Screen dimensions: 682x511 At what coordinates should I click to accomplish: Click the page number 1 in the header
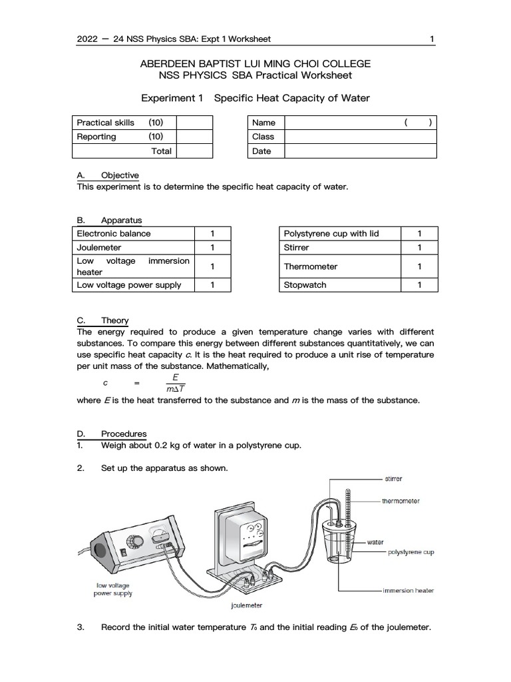(432, 39)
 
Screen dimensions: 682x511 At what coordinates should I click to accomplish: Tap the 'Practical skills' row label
(106, 123)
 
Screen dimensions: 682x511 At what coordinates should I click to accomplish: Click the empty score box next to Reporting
(194, 137)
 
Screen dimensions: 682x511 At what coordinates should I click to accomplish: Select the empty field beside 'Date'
(361, 151)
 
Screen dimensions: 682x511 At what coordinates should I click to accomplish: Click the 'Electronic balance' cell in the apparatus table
(114, 234)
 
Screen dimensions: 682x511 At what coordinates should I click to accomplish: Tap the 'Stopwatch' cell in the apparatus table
(305, 285)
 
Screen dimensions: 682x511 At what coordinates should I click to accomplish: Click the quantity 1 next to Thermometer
(419, 266)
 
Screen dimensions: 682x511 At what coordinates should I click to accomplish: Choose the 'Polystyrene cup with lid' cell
(331, 234)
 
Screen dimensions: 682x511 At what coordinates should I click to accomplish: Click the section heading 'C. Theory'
(103, 320)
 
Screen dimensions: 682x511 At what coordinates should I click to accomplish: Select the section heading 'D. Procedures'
(112, 434)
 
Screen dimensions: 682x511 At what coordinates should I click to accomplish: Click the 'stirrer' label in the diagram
(393, 478)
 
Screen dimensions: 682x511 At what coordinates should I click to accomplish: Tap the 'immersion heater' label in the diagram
(409, 591)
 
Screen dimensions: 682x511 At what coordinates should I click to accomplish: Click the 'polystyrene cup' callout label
(411, 552)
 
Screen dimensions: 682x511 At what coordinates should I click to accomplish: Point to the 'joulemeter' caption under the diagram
(246, 605)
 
